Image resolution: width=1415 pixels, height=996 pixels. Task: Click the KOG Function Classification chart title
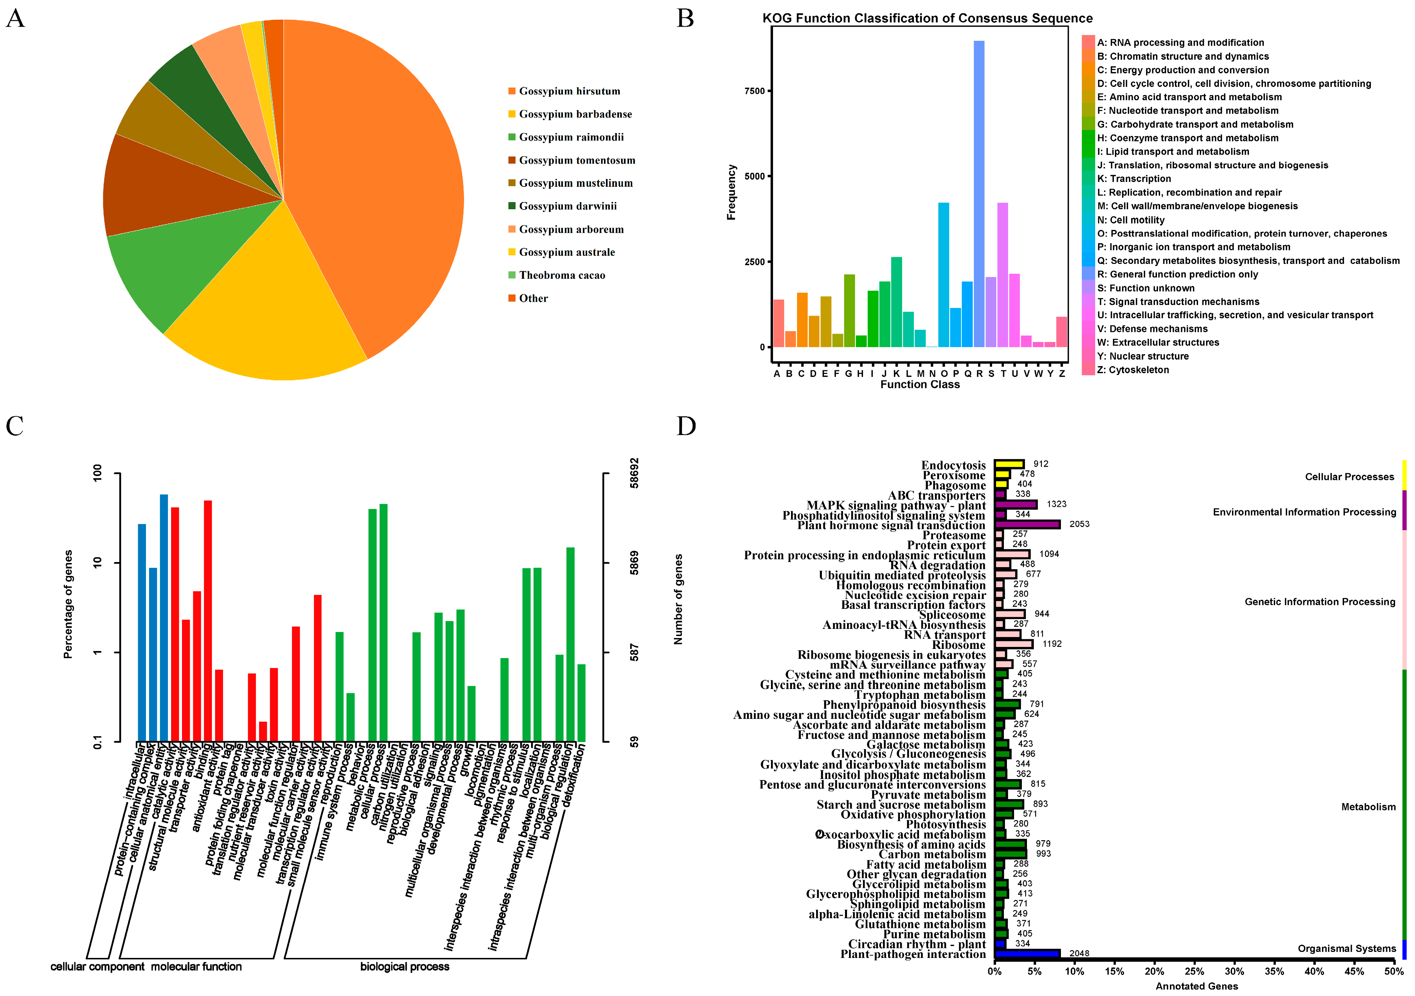(927, 18)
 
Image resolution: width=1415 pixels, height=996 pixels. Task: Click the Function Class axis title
(919, 385)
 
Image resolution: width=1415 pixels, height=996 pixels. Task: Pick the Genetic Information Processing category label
(1320, 601)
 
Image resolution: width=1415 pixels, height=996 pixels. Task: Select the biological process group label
(404, 966)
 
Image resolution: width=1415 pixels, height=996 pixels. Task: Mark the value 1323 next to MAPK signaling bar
(1056, 504)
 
